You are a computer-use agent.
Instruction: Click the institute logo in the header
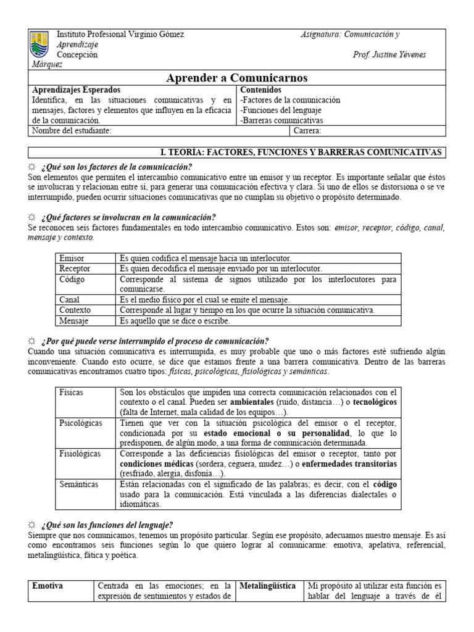point(41,45)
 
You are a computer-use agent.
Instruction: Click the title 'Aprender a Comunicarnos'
point(237,78)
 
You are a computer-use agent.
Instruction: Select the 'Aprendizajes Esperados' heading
point(76,89)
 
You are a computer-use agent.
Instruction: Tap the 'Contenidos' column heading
point(260,89)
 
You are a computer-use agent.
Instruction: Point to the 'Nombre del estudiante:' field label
point(72,131)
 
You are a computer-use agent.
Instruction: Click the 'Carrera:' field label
point(307,131)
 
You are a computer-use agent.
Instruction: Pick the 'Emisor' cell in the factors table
point(72,258)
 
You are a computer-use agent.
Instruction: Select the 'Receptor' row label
point(75,268)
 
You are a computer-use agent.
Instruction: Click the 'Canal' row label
point(69,299)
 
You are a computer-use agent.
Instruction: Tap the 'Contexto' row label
point(75,310)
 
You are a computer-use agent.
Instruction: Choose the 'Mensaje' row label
point(73,321)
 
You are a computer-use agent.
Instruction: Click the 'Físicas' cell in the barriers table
point(71,392)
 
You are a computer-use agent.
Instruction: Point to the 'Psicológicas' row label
point(80,423)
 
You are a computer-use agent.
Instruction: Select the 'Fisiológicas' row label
point(80,454)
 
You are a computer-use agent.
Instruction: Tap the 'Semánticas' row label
point(78,484)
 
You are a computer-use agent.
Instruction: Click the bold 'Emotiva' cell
point(48,586)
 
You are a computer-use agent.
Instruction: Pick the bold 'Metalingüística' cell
point(267,586)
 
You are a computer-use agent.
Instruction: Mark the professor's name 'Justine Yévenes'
point(398,55)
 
